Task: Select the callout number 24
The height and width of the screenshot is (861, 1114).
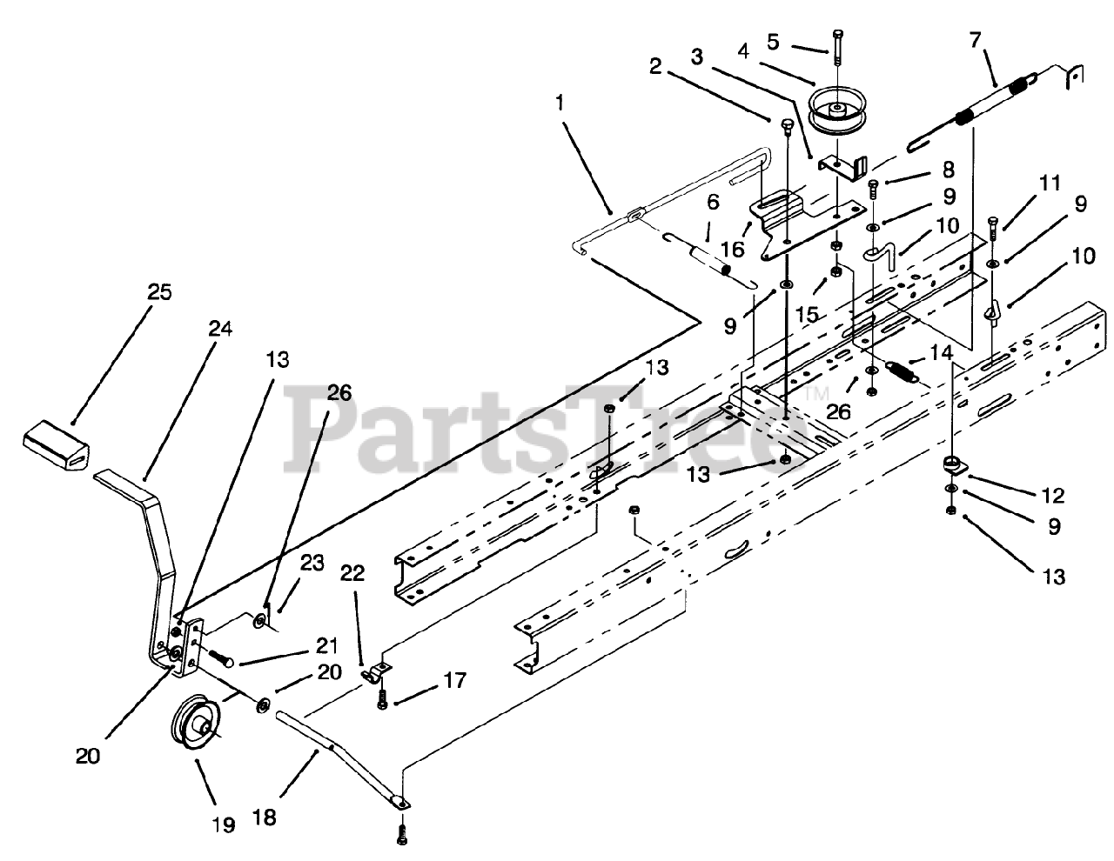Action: pos(196,328)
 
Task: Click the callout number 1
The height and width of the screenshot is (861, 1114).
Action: pos(560,102)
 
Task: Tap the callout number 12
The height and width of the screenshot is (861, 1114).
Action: pos(1052,496)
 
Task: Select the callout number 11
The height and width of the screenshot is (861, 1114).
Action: pos(1050,183)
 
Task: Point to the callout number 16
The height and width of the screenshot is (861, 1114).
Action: pos(733,250)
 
